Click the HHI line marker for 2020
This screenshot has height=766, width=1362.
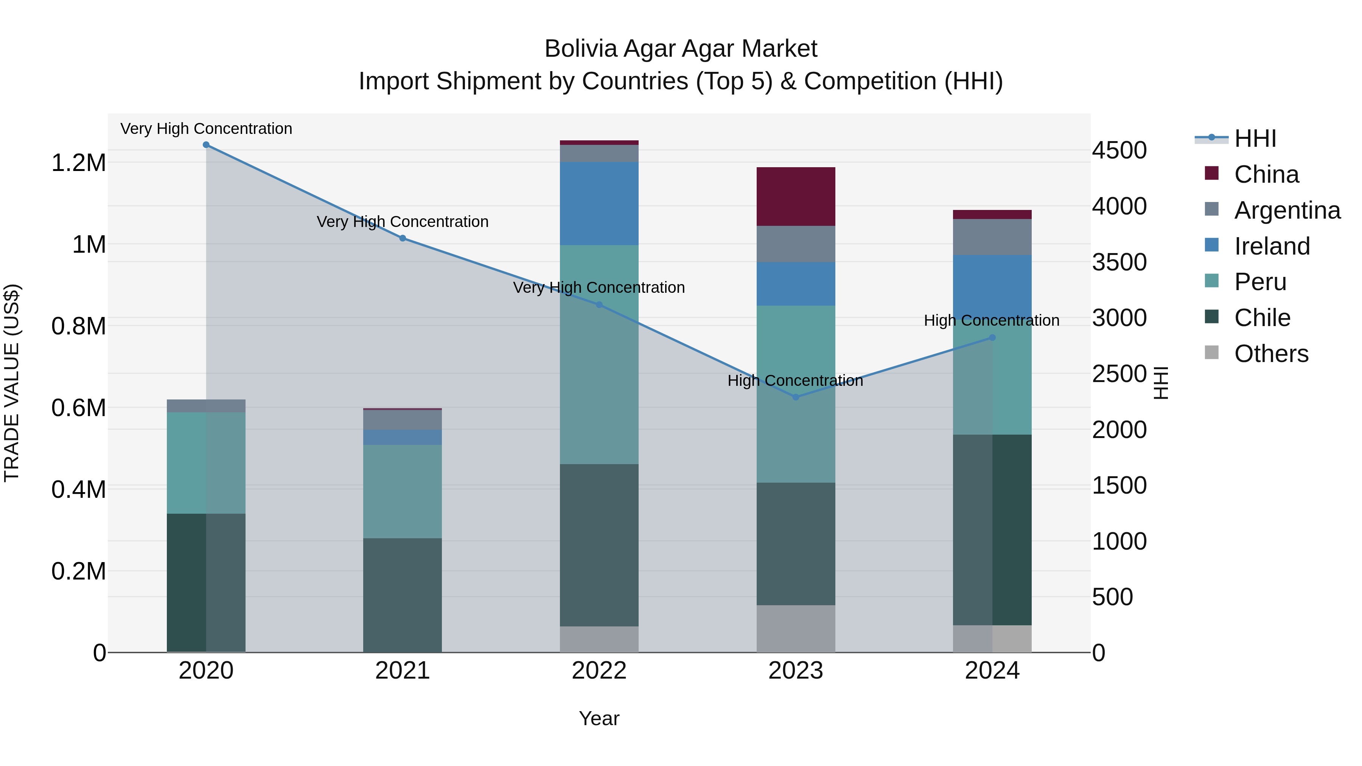[x=206, y=145]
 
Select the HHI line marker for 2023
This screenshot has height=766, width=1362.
[x=796, y=397]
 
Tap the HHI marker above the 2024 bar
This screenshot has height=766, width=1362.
[x=992, y=338]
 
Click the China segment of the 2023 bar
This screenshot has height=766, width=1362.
[x=796, y=197]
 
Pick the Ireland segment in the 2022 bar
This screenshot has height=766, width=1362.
[x=599, y=204]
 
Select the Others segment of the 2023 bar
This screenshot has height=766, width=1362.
[x=796, y=629]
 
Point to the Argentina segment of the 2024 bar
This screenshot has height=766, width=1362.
[x=992, y=237]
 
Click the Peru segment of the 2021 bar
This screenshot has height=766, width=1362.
[x=403, y=492]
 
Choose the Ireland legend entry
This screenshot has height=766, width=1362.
[x=1272, y=246]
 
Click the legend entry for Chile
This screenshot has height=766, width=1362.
[x=1262, y=318]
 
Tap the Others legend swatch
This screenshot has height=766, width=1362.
[x=1211, y=353]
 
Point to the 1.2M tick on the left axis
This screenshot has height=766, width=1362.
[x=78, y=163]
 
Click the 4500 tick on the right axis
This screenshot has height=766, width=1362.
[x=1119, y=151]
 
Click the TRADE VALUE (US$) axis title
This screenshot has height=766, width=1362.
[x=12, y=383]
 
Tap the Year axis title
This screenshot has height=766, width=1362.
[x=599, y=718]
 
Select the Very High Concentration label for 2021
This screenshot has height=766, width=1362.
[x=403, y=222]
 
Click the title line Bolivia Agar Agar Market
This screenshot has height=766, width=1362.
[x=681, y=49]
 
